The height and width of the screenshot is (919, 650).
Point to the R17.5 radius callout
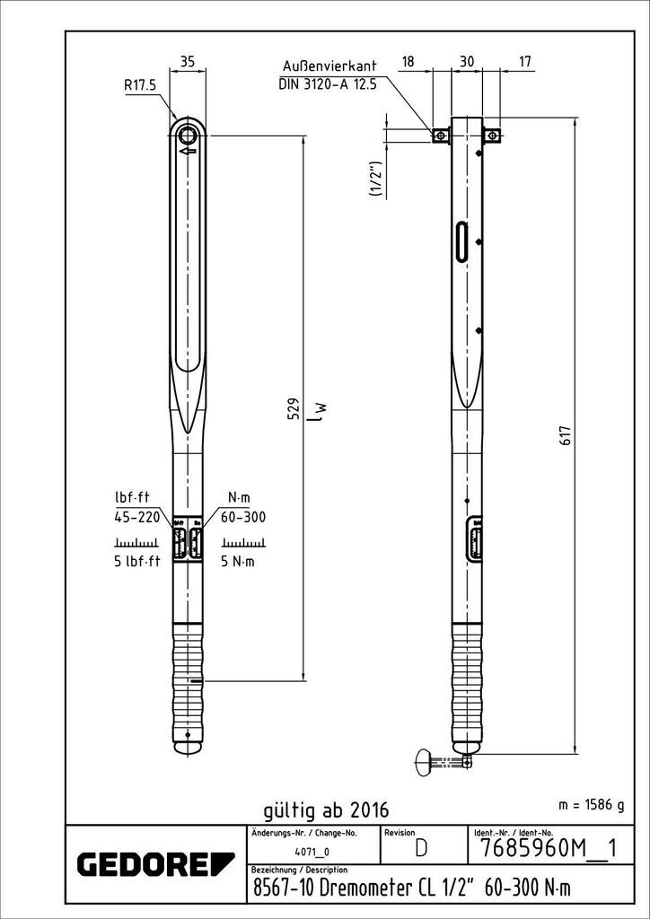pyautogui.click(x=140, y=85)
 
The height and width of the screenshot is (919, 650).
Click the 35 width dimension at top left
pyautogui.click(x=188, y=61)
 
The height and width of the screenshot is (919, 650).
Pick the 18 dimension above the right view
pyautogui.click(x=408, y=61)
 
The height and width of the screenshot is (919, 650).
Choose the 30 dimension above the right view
pyautogui.click(x=467, y=61)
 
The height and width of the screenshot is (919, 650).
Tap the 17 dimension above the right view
pyautogui.click(x=525, y=61)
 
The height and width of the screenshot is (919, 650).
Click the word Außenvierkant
pyautogui.click(x=329, y=67)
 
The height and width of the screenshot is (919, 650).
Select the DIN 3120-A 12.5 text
pyautogui.click(x=328, y=84)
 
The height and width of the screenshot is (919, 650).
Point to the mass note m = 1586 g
pyautogui.click(x=590, y=804)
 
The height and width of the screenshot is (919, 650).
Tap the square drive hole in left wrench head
pyautogui.click(x=188, y=135)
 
